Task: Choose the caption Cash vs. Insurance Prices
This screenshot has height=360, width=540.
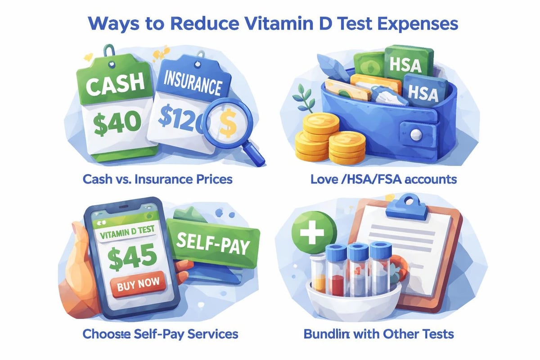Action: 157,180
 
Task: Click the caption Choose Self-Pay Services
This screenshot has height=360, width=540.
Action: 160,334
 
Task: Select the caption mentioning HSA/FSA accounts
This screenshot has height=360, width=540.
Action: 383,180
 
